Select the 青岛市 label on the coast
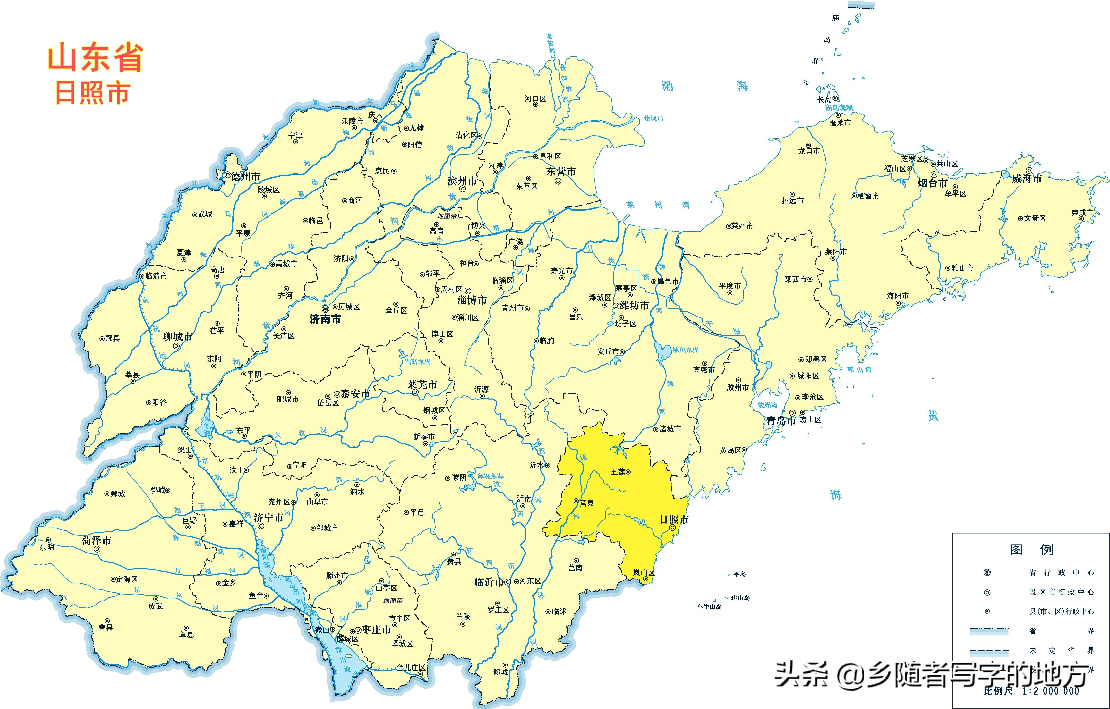pos(781,421)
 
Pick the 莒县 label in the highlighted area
pos(586,503)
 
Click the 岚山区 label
pos(643,573)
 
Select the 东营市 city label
pos(561,172)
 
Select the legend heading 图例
pos(1032,550)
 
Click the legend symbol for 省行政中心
pos(987,573)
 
